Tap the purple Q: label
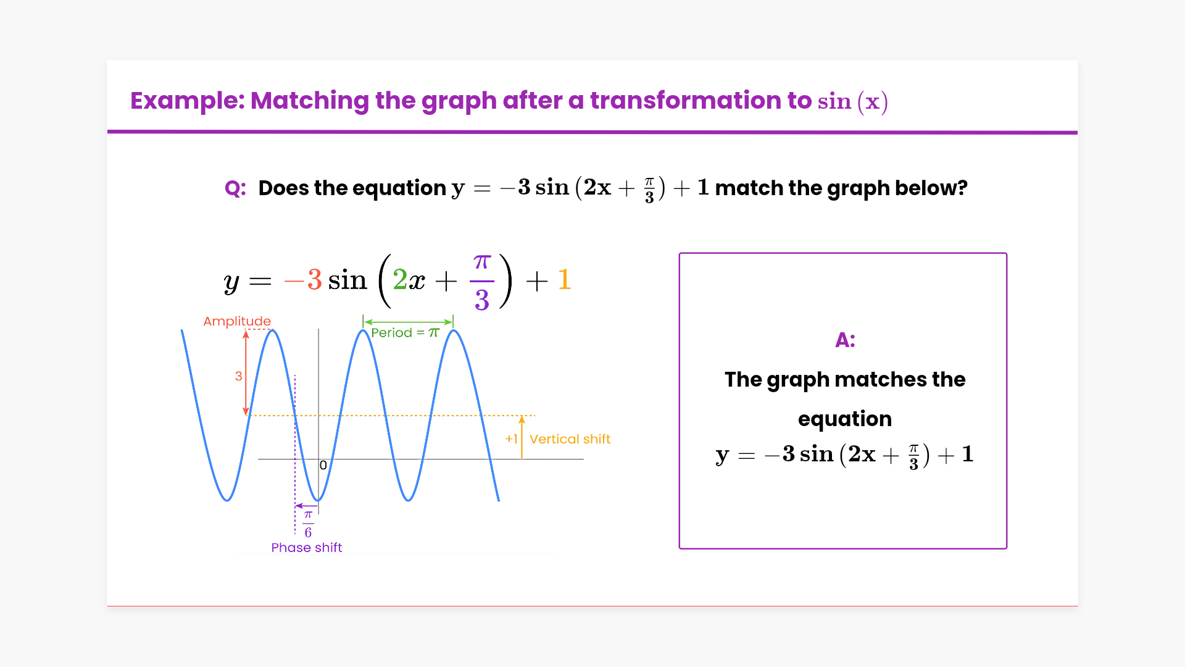(x=235, y=188)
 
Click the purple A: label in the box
(x=845, y=340)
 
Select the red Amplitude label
(x=237, y=321)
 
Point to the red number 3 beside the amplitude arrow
(x=239, y=375)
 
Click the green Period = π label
(x=405, y=332)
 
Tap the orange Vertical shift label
(x=570, y=439)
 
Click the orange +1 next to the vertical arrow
(x=511, y=439)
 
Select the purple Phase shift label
(x=306, y=548)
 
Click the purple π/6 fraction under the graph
(x=308, y=524)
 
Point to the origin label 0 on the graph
(x=323, y=465)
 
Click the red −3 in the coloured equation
(x=303, y=280)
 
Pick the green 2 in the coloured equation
(x=400, y=280)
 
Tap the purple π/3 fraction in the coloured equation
(x=482, y=282)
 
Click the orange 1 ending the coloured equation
(x=564, y=279)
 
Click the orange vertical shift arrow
(x=522, y=437)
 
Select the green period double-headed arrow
(x=408, y=321)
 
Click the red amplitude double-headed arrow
(x=246, y=372)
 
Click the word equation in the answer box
(x=845, y=419)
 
